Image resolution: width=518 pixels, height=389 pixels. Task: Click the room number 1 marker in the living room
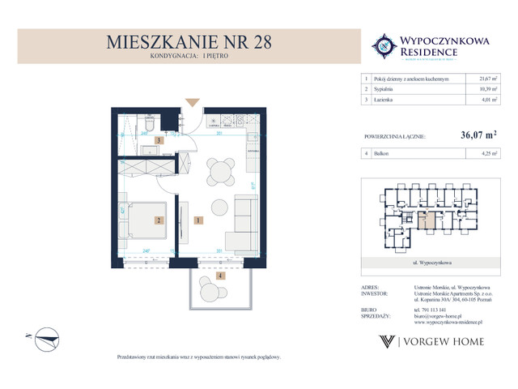coord(197,220)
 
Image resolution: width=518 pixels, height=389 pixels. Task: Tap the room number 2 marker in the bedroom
coord(160,220)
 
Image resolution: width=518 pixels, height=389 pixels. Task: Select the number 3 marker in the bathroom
coord(160,140)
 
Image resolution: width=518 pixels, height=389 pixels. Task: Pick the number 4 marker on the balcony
coord(219,276)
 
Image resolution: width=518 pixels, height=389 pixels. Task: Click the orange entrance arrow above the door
coord(192,101)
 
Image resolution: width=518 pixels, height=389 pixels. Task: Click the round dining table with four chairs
coord(219,172)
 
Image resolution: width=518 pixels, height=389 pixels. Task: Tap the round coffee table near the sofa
coord(219,206)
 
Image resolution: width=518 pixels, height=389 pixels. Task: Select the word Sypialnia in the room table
coord(384,88)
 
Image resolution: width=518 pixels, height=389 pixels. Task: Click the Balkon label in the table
coord(382,152)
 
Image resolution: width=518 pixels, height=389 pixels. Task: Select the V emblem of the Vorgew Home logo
coord(388,341)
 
